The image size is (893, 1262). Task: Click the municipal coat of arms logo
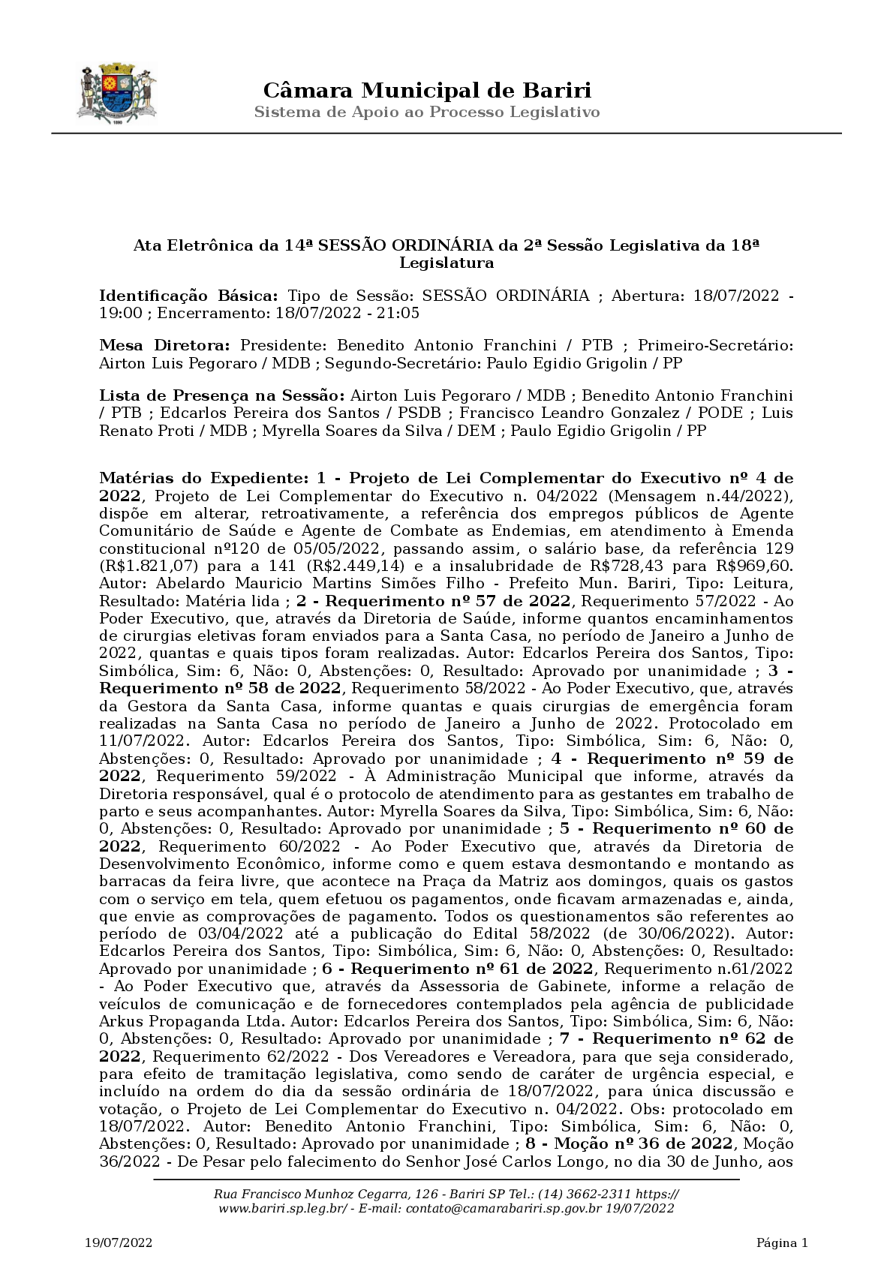[x=117, y=94]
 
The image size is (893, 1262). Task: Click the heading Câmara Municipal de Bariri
[x=426, y=91]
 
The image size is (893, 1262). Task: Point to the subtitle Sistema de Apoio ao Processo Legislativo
[x=426, y=113]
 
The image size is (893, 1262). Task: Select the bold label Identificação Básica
[x=189, y=296]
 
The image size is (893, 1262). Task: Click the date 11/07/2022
[x=142, y=741]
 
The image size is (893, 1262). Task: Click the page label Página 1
[x=782, y=1243]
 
